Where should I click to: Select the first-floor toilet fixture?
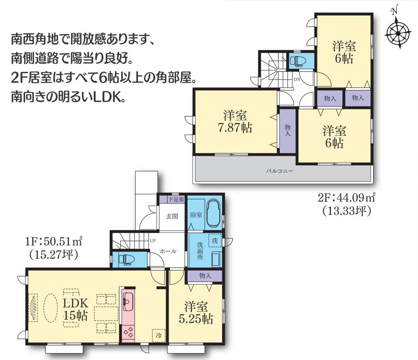click(127, 259)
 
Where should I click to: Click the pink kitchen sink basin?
click(128, 302)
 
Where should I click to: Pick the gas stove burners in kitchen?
click(128, 332)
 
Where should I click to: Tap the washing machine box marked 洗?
click(215, 241)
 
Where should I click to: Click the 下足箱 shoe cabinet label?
click(173, 199)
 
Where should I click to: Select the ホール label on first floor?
click(168, 251)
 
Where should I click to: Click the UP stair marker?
click(153, 241)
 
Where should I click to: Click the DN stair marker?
click(296, 79)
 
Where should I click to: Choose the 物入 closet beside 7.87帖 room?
click(287, 131)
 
